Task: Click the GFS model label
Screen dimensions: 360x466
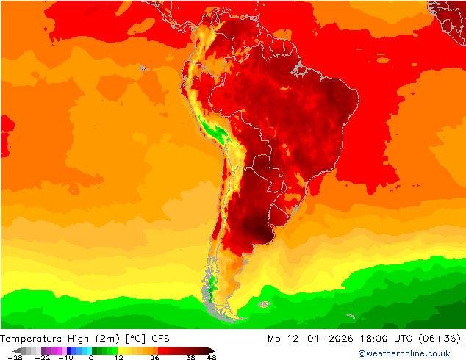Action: tap(162, 339)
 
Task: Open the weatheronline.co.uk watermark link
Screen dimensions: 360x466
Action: tap(404, 353)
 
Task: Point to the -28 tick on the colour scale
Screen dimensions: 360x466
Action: tap(14, 357)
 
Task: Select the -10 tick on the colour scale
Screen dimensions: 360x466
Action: tap(66, 357)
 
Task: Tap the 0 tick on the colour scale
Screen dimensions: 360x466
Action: tap(91, 357)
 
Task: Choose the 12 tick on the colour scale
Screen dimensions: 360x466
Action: tap(118, 357)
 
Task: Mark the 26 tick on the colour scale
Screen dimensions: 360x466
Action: tap(155, 357)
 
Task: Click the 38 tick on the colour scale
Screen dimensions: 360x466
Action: tap(191, 357)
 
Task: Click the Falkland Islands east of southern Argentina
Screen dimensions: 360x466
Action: tap(264, 303)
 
